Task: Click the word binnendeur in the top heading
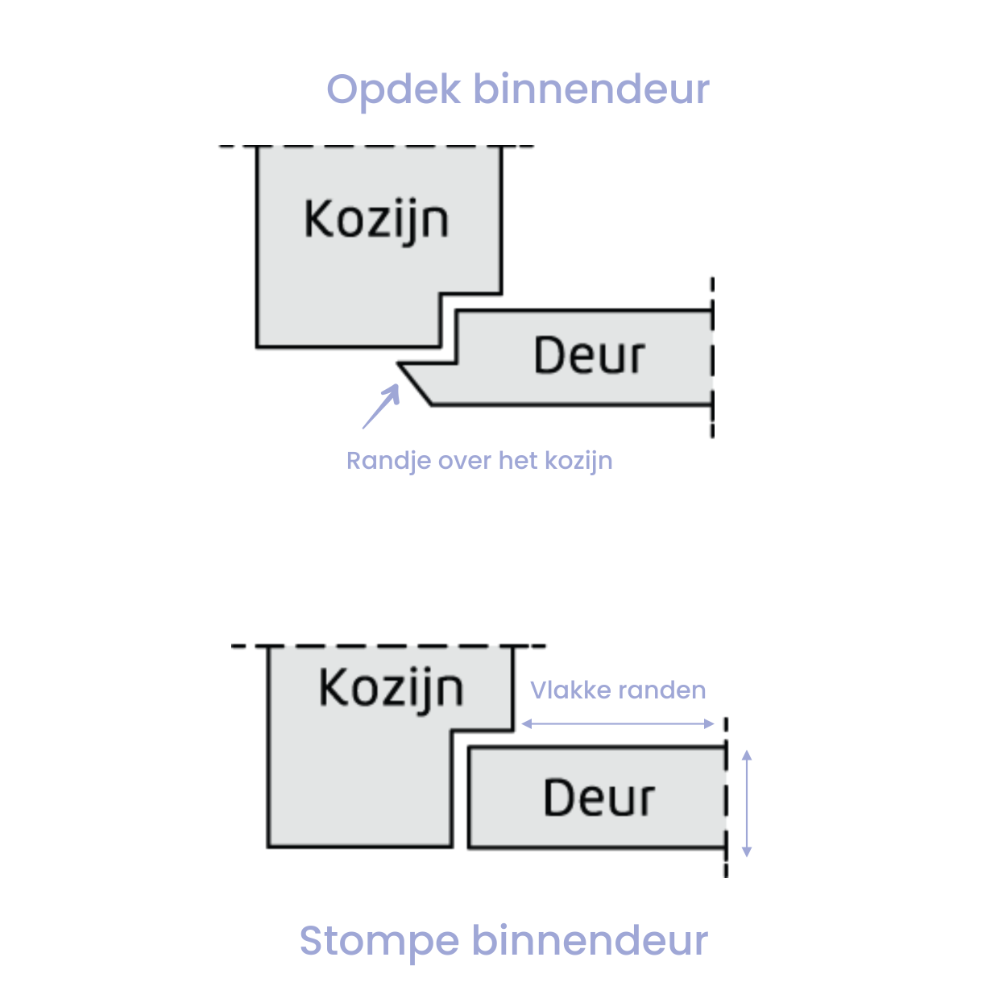[591, 89]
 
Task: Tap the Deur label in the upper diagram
[590, 354]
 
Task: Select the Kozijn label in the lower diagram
[391, 690]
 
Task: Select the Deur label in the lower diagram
[599, 798]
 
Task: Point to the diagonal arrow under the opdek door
[381, 406]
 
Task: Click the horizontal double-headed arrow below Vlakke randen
[618, 723]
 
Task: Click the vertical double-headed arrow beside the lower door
[747, 803]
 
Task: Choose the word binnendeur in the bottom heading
[590, 940]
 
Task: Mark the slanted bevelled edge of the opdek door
[415, 383]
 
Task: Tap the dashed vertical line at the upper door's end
[712, 358]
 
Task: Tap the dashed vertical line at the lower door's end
[726, 798]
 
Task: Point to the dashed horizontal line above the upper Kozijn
[376, 146]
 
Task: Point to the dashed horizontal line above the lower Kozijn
[388, 646]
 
